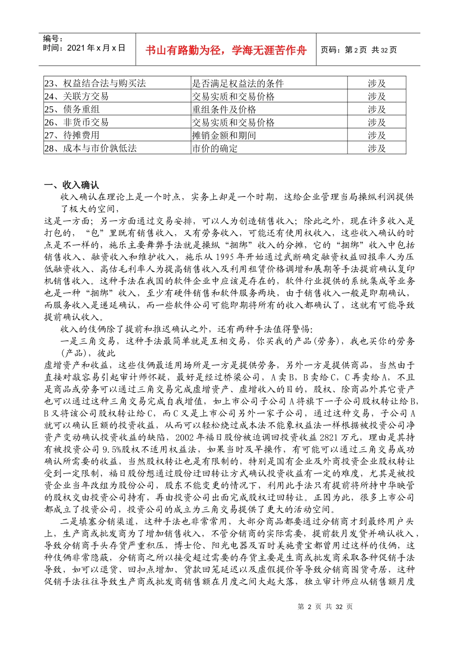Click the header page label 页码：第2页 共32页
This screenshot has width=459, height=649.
tap(359, 50)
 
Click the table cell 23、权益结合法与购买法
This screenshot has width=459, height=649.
tap(95, 83)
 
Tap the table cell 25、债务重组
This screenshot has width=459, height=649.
tap(72, 109)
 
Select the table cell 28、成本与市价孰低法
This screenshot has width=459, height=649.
tap(90, 148)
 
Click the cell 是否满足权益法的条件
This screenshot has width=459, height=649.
tap(238, 83)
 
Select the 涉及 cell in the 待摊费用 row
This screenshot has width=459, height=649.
tap(376, 135)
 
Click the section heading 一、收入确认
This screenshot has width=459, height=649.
tap(72, 185)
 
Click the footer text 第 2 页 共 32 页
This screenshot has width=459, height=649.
tap(325, 607)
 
